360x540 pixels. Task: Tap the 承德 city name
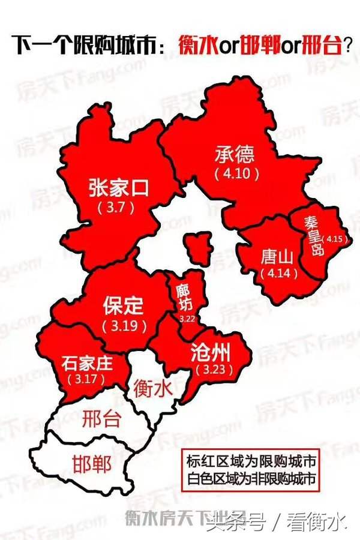[x=235, y=155]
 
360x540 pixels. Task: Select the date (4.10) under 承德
[x=237, y=174]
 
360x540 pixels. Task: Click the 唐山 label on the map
[x=277, y=257]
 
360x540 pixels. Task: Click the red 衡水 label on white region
[x=153, y=386]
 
